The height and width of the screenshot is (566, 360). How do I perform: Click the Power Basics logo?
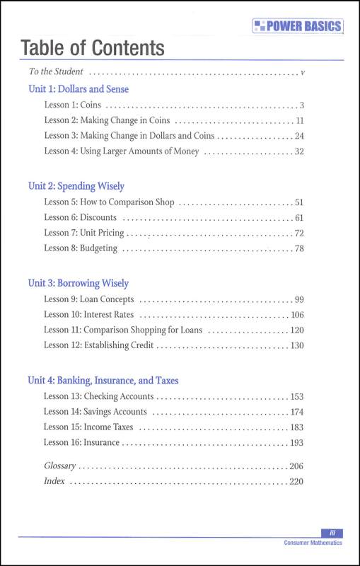click(297, 27)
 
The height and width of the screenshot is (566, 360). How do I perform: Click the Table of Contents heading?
click(93, 48)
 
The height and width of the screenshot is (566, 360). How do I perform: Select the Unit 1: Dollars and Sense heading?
click(78, 90)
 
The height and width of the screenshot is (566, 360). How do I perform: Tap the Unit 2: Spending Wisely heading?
click(76, 186)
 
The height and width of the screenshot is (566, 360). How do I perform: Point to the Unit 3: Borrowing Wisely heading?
click(78, 283)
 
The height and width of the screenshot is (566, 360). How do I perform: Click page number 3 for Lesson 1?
click(301, 105)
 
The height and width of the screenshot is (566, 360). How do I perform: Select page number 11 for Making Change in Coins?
click(299, 120)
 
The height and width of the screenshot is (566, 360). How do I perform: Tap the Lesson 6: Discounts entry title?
click(80, 217)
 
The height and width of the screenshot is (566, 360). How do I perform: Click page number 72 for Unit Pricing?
click(298, 233)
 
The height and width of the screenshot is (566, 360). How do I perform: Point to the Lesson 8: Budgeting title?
click(81, 248)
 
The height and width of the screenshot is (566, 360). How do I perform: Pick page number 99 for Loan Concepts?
click(298, 299)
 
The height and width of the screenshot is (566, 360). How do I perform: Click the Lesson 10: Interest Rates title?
click(88, 314)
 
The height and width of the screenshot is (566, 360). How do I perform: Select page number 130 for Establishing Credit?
click(296, 345)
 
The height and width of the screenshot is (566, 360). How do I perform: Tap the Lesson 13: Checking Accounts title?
click(99, 396)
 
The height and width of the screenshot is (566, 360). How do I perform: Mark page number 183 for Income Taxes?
click(296, 427)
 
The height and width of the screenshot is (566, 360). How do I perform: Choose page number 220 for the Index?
click(296, 481)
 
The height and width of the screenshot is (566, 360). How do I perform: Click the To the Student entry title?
click(56, 71)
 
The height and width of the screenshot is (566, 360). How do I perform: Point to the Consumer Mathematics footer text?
click(313, 543)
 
